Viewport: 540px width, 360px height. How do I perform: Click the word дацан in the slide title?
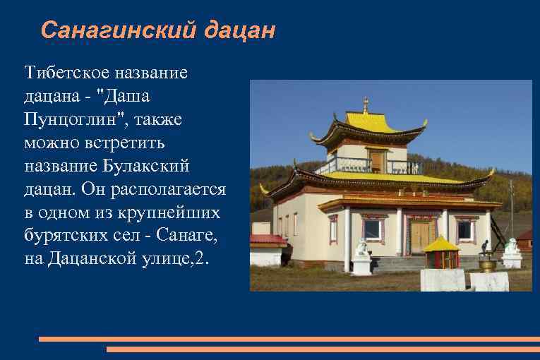click(240, 30)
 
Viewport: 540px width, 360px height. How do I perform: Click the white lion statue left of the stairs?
click(362, 247)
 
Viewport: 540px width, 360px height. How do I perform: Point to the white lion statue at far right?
click(512, 246)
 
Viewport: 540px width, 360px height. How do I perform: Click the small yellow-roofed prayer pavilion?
click(442, 253)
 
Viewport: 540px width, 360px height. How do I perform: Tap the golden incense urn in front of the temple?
click(487, 265)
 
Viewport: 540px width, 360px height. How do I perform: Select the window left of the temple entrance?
click(372, 229)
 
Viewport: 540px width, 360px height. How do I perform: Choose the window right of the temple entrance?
click(464, 229)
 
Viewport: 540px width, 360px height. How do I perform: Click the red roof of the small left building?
click(268, 239)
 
